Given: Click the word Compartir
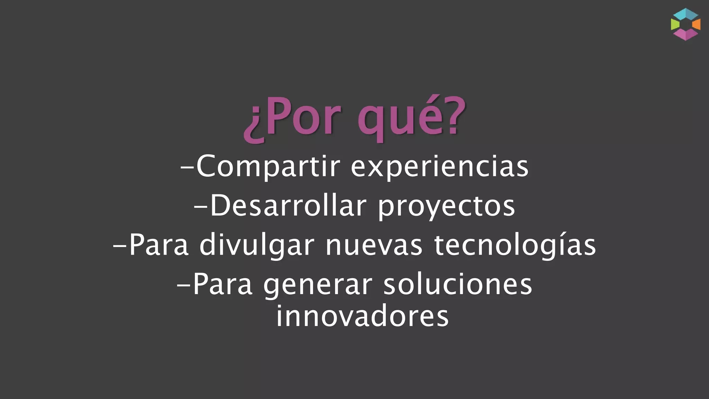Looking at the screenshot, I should pyautogui.click(x=269, y=167).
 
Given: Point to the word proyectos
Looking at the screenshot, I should pyautogui.click(x=446, y=207).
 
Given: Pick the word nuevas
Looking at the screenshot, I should pyautogui.click(x=374, y=246).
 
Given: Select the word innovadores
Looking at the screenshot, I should pyautogui.click(x=362, y=316).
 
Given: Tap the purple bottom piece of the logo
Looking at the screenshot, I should pyautogui.click(x=685, y=35).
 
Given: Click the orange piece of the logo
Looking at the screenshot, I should pyautogui.click(x=696, y=24).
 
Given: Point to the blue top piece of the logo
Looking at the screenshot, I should pyautogui.click(x=686, y=14).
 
